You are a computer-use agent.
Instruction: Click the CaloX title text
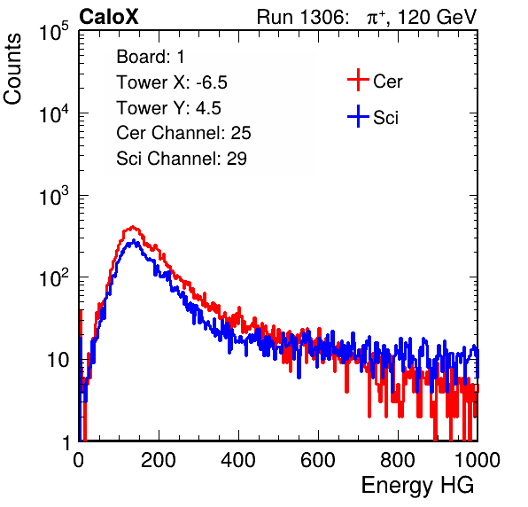(x=108, y=17)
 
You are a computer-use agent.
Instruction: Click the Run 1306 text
(x=302, y=17)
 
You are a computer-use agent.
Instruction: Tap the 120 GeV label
(x=438, y=17)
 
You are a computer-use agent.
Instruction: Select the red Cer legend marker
(x=358, y=80)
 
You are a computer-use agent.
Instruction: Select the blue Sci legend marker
(x=358, y=116)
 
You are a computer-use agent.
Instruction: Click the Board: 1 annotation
(x=151, y=57)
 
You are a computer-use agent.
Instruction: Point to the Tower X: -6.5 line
(x=172, y=82)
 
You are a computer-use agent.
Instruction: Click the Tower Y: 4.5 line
(x=168, y=108)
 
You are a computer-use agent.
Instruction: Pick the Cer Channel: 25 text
(x=183, y=133)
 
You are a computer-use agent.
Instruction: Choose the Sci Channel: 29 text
(x=182, y=159)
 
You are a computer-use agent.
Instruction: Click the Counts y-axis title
(x=12, y=69)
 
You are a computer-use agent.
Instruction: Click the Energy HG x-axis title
(x=417, y=485)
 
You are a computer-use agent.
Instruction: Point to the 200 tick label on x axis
(x=159, y=460)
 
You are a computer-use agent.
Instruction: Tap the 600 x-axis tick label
(x=318, y=460)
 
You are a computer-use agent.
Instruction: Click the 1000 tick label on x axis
(x=478, y=460)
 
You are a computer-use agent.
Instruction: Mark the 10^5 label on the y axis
(x=54, y=32)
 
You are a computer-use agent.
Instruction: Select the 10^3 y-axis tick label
(x=54, y=196)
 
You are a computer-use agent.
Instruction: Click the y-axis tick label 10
(x=58, y=361)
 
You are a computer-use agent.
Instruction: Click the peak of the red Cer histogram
(x=133, y=226)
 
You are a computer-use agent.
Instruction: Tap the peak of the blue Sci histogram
(x=134, y=240)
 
